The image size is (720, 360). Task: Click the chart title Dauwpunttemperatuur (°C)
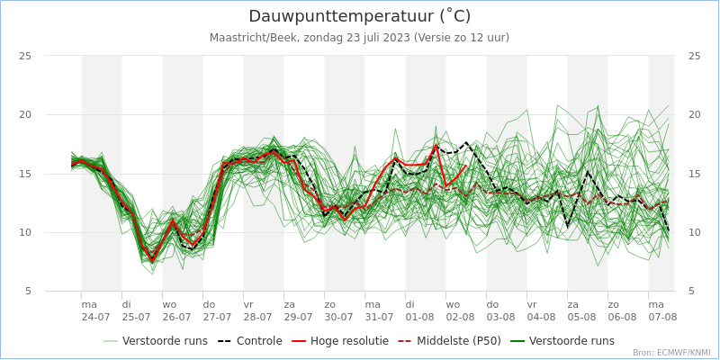[x=359, y=16]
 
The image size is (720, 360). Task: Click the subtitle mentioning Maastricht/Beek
[x=359, y=38]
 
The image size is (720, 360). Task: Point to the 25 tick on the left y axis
[x=25, y=56]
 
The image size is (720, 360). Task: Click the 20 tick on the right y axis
[x=694, y=114]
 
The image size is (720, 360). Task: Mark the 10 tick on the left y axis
[x=25, y=232]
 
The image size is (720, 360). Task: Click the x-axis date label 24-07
[x=95, y=318]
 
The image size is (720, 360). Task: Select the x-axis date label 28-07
[x=257, y=318]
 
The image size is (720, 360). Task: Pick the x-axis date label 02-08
[x=460, y=318]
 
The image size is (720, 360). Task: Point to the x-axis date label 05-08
[x=581, y=318]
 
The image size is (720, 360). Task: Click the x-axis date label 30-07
[x=338, y=318]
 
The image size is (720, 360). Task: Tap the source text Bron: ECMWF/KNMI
[x=671, y=353]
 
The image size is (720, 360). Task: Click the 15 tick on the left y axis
[x=25, y=174]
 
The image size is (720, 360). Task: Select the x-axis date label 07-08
[x=662, y=318]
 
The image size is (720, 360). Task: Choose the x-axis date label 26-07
[x=176, y=318]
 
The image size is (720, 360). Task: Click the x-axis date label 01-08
[x=419, y=318]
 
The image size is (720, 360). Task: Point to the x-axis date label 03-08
[x=500, y=318]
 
